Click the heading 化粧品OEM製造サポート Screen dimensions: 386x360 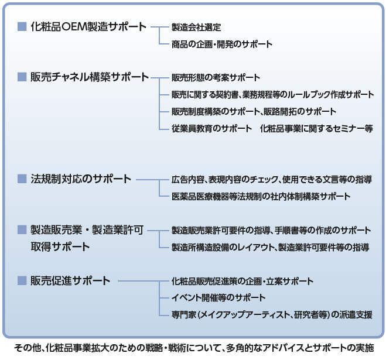[88, 26]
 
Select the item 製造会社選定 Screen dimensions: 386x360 [196, 27]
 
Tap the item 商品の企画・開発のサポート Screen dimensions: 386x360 [222, 44]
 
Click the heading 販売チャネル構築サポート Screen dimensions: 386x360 [90, 77]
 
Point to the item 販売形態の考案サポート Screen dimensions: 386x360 [216, 78]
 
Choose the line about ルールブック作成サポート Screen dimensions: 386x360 [273, 95]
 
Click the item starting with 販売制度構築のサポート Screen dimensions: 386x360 [254, 112]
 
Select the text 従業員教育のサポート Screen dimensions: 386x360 [211, 128]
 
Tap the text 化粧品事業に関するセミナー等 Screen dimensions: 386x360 [316, 128]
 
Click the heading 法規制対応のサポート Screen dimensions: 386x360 [81, 179]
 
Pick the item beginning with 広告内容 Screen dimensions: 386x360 [272, 180]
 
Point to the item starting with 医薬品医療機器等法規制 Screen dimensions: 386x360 [261, 197]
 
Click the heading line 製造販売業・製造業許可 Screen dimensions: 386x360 [87, 230]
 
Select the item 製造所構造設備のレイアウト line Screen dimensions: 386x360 [270, 247]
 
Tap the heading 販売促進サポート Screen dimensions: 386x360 [70, 281]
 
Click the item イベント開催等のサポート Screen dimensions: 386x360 [218, 298]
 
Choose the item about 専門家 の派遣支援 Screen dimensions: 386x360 [272, 315]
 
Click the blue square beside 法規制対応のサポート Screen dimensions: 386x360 [22, 179]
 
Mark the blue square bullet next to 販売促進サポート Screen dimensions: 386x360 [22, 281]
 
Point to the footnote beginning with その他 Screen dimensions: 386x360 [194, 348]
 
